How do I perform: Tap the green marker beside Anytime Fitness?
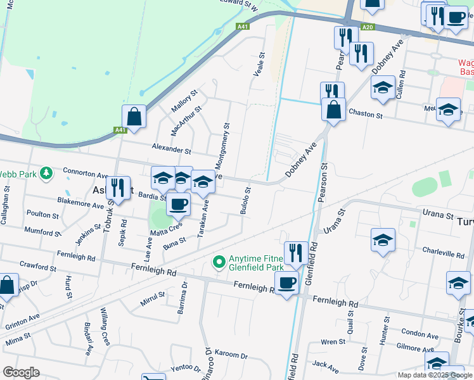[219, 261]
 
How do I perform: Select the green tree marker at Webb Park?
[46, 172]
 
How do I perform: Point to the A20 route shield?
[367, 27]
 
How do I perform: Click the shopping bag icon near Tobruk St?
[134, 117]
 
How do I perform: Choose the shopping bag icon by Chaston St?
[333, 110]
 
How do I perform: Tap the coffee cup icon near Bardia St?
[178, 205]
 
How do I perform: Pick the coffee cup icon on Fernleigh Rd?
[286, 282]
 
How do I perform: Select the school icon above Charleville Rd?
[383, 241]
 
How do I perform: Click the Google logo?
[22, 372]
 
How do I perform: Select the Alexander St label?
[171, 151]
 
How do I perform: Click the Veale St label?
[259, 65]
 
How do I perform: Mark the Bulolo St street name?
[245, 199]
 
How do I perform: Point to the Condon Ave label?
[420, 334]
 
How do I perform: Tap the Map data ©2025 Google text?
[434, 375]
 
